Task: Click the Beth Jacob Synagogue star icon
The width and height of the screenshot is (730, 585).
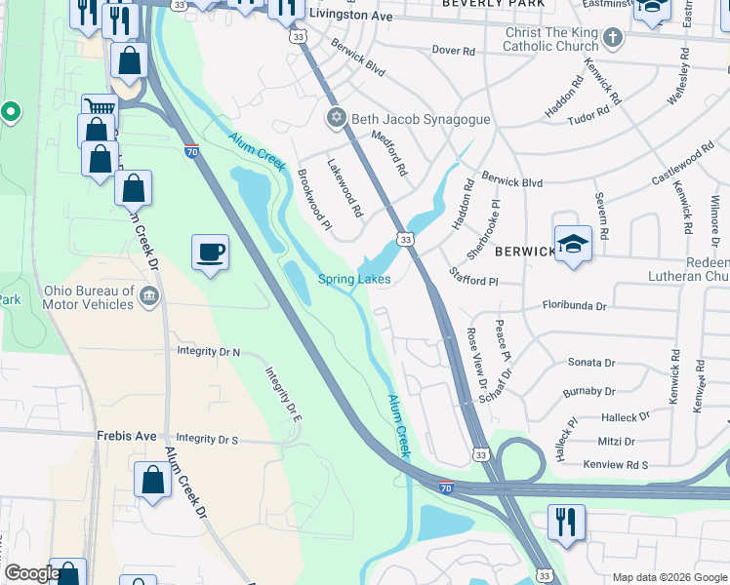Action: (337, 118)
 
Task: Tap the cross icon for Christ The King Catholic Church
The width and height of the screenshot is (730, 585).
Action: (612, 39)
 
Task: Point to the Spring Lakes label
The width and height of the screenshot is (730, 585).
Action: (354, 280)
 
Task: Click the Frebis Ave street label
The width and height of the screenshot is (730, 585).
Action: (127, 437)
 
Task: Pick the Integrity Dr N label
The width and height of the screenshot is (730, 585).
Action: (208, 351)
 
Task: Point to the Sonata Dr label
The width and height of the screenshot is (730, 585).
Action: (591, 363)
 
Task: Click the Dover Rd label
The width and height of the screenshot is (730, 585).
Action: (453, 50)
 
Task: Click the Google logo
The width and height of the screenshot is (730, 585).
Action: (31, 573)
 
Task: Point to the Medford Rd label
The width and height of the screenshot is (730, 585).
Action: (387, 154)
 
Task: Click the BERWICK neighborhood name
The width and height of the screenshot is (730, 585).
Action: (524, 252)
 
